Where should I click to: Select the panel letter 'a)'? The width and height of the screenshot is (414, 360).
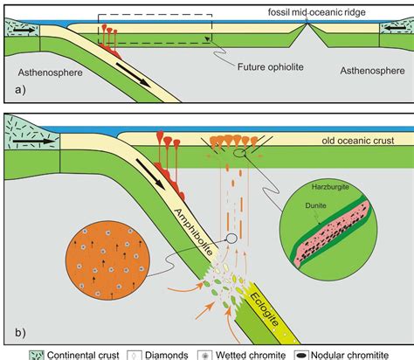tap(13, 90)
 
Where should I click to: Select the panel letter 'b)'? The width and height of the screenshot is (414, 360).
tap(14, 329)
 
